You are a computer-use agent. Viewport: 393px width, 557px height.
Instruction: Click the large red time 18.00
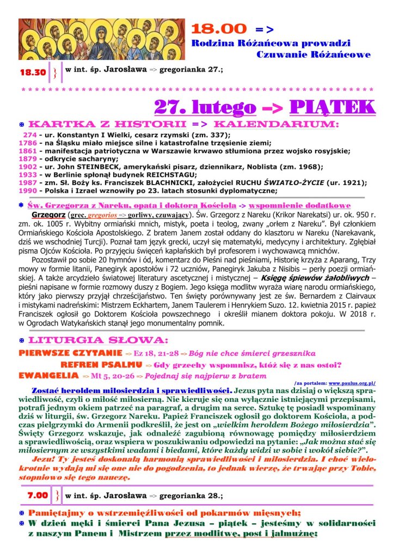[x=219, y=29]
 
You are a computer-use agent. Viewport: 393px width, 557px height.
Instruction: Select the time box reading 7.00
[x=38, y=495]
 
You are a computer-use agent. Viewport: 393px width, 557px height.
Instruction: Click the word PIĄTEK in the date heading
[x=332, y=107]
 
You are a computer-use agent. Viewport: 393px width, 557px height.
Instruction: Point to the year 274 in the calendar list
[x=29, y=135]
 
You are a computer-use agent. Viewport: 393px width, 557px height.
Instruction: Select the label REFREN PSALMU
[x=98, y=364]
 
